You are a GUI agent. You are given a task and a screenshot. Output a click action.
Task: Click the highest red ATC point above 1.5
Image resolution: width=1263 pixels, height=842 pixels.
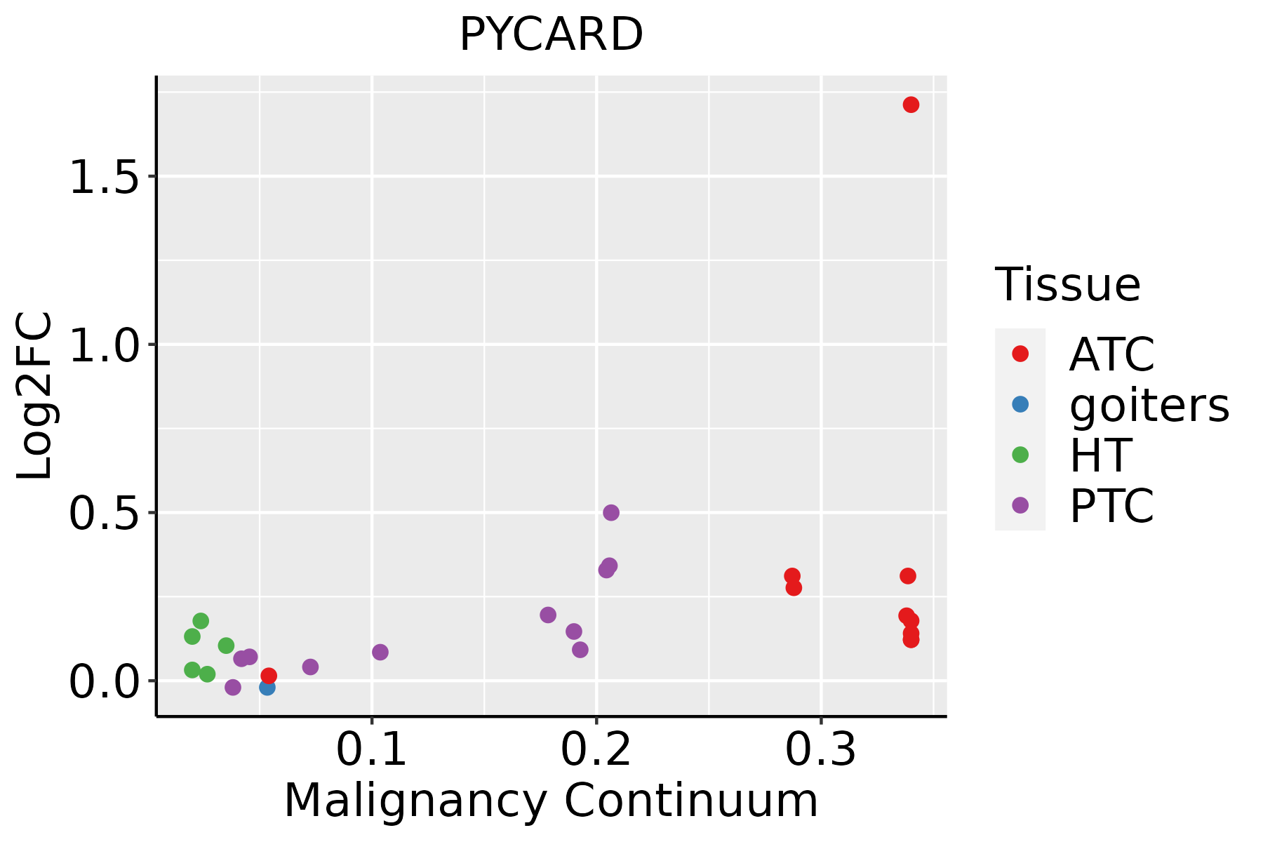(x=911, y=105)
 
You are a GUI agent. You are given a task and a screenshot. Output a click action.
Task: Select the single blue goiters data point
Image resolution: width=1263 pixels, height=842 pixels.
(x=267, y=687)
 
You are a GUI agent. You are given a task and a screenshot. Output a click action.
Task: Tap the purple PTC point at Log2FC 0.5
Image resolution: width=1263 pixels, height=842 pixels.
(x=611, y=512)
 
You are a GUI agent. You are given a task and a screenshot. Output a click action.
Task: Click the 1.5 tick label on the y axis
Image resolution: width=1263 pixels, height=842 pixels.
(x=103, y=177)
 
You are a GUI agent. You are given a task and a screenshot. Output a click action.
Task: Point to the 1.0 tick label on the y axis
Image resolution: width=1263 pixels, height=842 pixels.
(x=103, y=345)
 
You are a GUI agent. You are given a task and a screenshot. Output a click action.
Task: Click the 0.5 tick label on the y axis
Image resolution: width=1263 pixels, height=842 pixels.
(x=103, y=514)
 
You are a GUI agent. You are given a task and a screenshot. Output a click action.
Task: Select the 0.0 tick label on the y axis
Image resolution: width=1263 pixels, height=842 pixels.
(x=103, y=682)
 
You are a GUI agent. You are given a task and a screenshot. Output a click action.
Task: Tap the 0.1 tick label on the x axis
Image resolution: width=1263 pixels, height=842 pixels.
(x=372, y=749)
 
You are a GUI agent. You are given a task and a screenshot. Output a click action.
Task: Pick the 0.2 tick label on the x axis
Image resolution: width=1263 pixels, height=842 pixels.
(x=596, y=749)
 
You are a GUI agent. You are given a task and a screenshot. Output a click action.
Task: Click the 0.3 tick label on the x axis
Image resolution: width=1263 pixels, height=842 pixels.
(x=821, y=749)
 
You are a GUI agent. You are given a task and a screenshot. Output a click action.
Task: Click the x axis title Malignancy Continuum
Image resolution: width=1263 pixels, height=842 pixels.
(x=551, y=800)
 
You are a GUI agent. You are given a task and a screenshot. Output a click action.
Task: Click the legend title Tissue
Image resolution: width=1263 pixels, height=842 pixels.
(x=1068, y=285)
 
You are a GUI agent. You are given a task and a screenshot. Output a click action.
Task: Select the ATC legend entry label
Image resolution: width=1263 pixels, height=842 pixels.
(x=1111, y=354)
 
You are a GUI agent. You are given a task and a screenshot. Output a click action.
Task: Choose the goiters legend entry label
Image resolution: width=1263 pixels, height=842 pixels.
(x=1149, y=405)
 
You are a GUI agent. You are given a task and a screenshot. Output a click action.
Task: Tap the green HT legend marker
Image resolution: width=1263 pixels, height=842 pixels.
(x=1020, y=455)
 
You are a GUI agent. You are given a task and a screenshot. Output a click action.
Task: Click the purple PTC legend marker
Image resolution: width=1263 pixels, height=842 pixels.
(x=1020, y=505)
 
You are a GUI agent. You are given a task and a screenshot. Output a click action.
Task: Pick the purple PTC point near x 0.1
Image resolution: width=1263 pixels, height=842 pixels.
(x=380, y=652)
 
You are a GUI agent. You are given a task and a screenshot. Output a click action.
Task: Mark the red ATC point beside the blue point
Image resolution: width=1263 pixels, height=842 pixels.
(x=269, y=676)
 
